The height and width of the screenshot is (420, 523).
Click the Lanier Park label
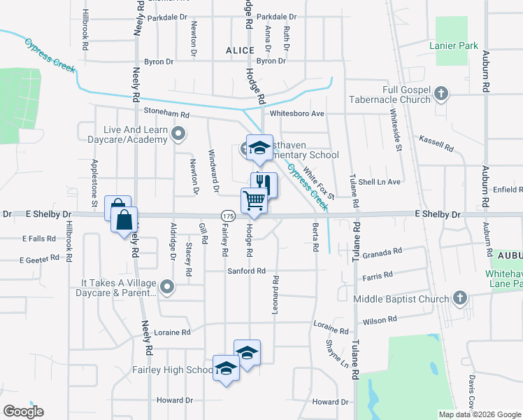pos(454,46)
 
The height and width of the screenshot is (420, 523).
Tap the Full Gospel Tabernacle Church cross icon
pos(441,93)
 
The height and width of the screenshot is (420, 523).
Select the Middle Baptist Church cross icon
pos(459,299)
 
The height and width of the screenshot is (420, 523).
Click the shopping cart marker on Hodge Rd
pos(255,201)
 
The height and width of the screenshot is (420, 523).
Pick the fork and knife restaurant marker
pos(264,185)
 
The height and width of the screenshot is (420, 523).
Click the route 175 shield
pos(227,214)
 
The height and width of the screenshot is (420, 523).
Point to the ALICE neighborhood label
pos(240,50)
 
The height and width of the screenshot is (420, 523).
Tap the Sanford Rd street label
pos(245,271)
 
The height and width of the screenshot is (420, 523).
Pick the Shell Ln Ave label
pos(380,182)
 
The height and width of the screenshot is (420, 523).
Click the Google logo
pos(23,412)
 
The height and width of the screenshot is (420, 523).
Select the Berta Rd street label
pos(315,237)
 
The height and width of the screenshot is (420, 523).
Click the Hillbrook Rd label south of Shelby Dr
pos(69,237)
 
